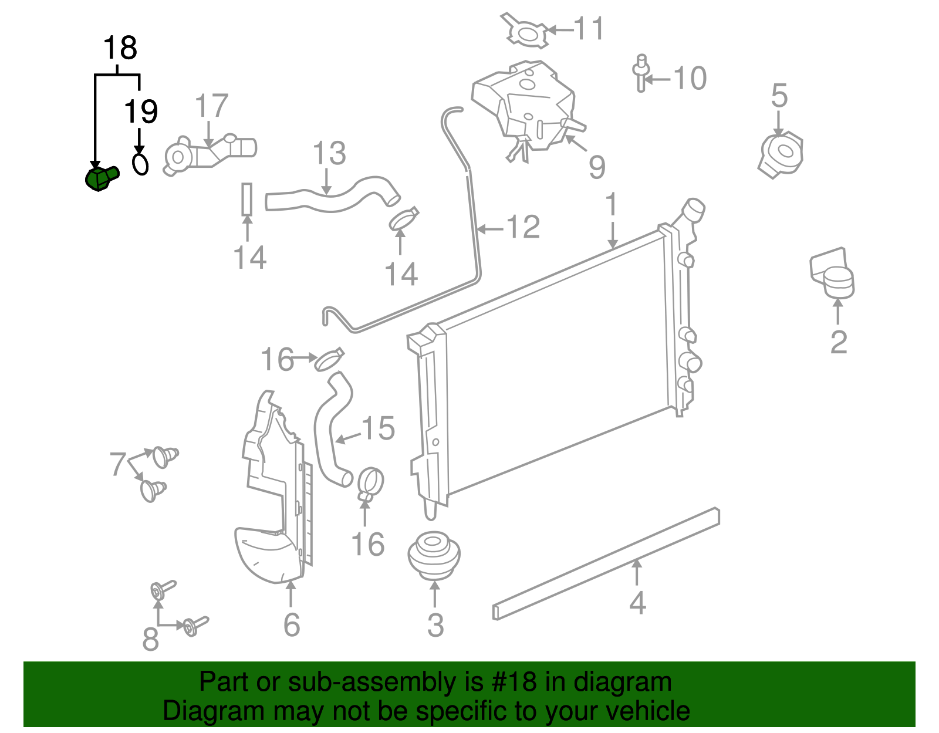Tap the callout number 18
[x=120, y=48]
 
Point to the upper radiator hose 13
[x=332, y=196]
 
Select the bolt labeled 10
[x=641, y=73]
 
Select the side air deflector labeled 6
[x=273, y=499]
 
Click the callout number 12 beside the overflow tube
[x=522, y=227]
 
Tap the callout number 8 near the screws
[x=150, y=639]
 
